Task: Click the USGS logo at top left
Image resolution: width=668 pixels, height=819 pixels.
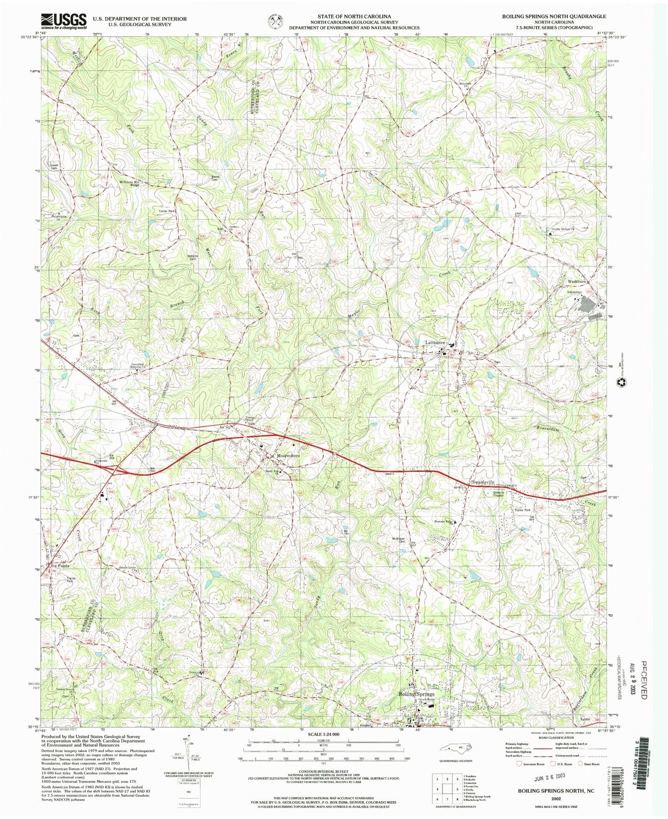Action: (x=64, y=21)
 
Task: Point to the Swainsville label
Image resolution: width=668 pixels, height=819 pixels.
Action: (x=483, y=483)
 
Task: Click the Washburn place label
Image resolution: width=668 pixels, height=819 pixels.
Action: (x=578, y=282)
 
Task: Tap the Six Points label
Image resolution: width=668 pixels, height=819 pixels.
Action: (x=60, y=565)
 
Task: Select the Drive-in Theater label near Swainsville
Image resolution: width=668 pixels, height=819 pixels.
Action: (x=498, y=494)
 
